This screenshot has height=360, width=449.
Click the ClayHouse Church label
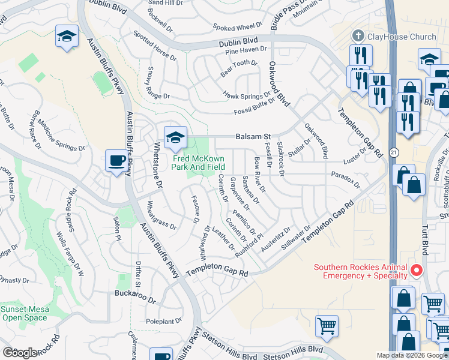(402, 37)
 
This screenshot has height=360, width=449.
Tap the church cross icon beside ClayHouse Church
(358, 36)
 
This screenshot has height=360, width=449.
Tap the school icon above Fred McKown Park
(175, 138)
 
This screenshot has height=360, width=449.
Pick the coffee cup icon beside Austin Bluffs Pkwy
(116, 161)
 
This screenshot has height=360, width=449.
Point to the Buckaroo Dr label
(135, 294)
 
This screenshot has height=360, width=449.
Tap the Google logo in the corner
(20, 353)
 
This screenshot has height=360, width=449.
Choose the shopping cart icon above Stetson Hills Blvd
(327, 326)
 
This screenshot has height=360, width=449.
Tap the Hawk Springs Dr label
(247, 95)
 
